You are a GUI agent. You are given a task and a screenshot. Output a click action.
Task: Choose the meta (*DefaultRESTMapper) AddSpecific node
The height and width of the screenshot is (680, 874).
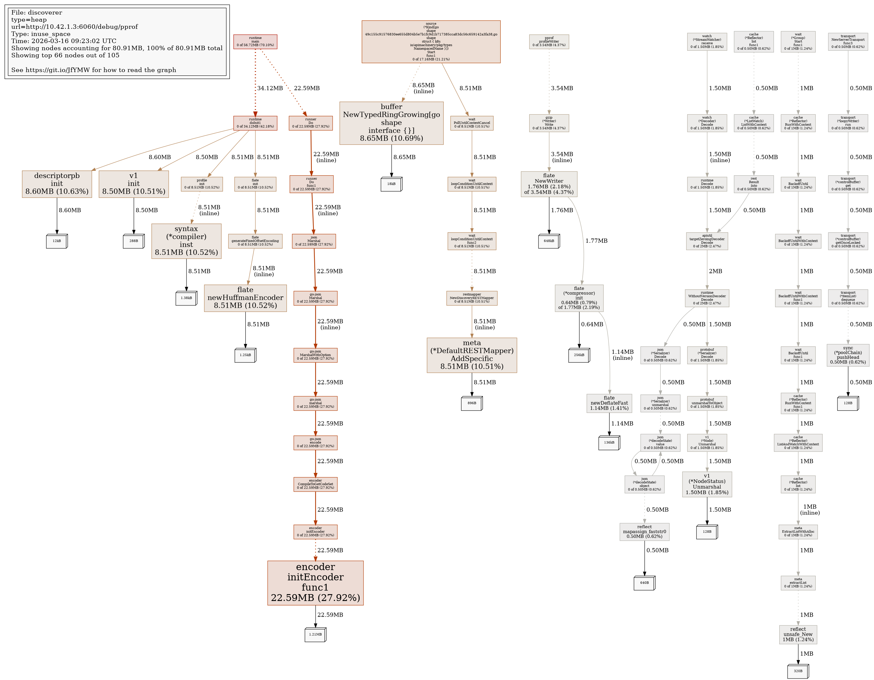point(472,355)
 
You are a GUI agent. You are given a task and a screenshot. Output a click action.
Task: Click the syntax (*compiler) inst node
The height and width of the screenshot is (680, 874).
point(186,241)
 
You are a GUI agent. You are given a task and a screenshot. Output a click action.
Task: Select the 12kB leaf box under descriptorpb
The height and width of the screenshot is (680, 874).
point(57,241)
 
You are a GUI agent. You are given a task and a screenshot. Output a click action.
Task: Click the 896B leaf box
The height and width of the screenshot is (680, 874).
point(472,403)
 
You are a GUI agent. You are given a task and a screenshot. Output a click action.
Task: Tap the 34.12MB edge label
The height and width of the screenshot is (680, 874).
point(270,88)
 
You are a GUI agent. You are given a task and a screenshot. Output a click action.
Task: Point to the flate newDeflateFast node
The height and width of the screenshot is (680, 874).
point(609,403)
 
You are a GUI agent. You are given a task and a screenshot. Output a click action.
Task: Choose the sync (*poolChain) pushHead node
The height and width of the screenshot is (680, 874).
point(848,355)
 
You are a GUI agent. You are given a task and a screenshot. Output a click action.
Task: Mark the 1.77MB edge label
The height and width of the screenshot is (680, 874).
point(596,241)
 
